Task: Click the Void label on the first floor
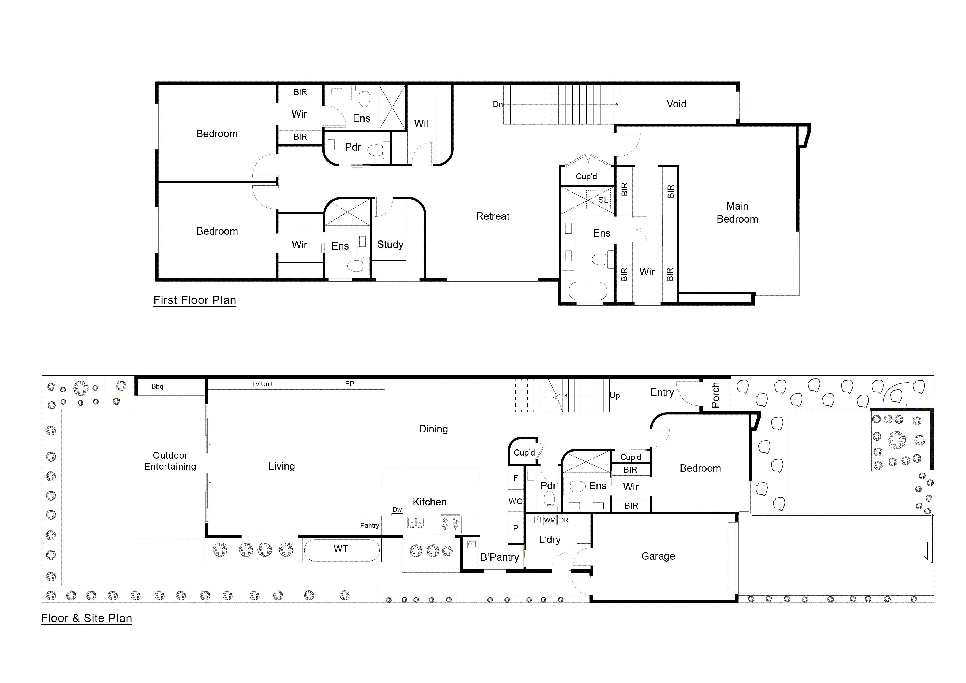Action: (x=676, y=104)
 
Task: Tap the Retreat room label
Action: (x=492, y=216)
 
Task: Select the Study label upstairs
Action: (x=390, y=245)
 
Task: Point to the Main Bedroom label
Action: (x=737, y=213)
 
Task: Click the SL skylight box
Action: (x=603, y=200)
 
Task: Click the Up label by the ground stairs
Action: (x=614, y=395)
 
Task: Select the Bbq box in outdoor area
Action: (x=157, y=387)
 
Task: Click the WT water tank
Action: (x=341, y=549)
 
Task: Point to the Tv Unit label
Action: (x=262, y=384)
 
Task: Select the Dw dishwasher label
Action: (x=397, y=509)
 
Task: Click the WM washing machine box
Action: (x=549, y=520)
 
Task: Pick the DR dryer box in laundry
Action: (x=564, y=520)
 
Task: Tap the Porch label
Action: (x=715, y=395)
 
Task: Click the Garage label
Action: (x=658, y=556)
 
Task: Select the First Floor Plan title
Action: (x=195, y=300)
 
